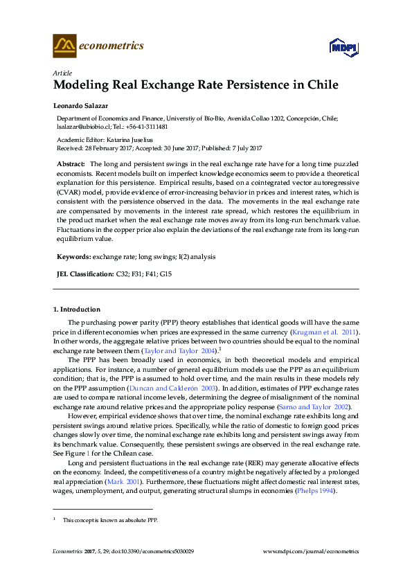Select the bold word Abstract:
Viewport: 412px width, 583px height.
tap(71, 163)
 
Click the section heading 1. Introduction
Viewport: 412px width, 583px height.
tap(77, 309)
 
